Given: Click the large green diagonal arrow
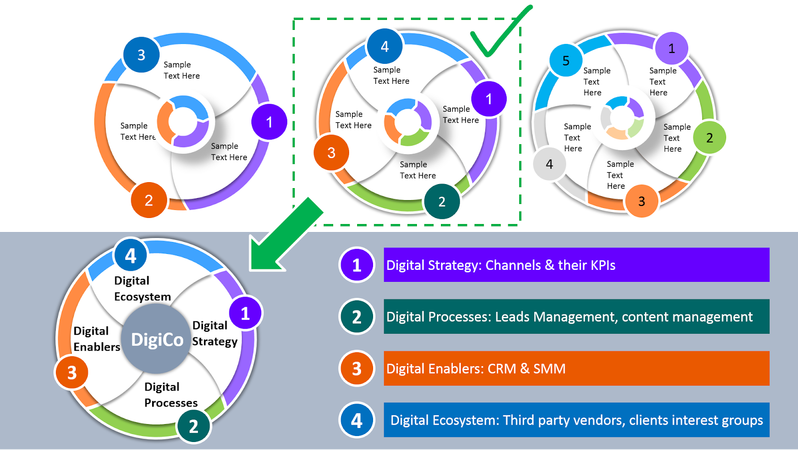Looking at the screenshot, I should point(284,234).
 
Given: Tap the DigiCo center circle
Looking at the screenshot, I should point(157,339).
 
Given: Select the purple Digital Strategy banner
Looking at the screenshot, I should point(576,265).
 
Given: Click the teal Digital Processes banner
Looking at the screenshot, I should point(576,316).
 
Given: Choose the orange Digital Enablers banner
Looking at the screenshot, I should point(576,368).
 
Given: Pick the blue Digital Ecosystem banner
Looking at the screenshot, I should point(576,420).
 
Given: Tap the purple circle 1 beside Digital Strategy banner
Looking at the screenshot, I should point(357,265).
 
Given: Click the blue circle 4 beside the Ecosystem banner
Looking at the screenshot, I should point(357,420).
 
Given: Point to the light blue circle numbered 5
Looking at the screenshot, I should point(566,60).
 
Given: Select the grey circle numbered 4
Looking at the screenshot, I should point(549,164).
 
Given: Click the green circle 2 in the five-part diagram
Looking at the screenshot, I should point(709,138).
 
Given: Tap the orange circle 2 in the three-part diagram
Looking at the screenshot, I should point(149,200).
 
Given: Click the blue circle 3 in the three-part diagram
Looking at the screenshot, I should point(141,54).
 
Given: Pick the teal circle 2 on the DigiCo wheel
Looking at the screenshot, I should point(194,426).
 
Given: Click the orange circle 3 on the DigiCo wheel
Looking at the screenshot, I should point(72,372).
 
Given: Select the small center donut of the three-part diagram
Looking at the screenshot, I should point(184,122).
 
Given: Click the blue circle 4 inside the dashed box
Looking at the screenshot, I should point(385,46).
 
